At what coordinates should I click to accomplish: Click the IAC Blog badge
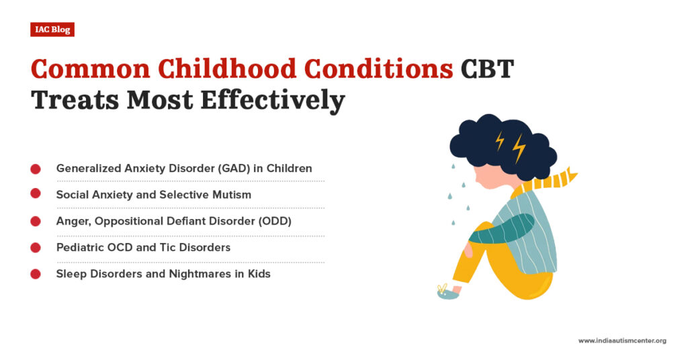click(x=52, y=30)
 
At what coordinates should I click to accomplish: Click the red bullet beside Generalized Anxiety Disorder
click(x=36, y=169)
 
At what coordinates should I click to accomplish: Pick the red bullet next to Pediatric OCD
click(x=36, y=248)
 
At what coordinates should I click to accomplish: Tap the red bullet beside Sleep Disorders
click(x=36, y=274)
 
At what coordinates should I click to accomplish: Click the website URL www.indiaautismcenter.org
click(x=621, y=341)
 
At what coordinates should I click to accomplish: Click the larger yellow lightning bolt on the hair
click(x=519, y=148)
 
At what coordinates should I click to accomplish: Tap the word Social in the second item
click(x=72, y=195)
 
